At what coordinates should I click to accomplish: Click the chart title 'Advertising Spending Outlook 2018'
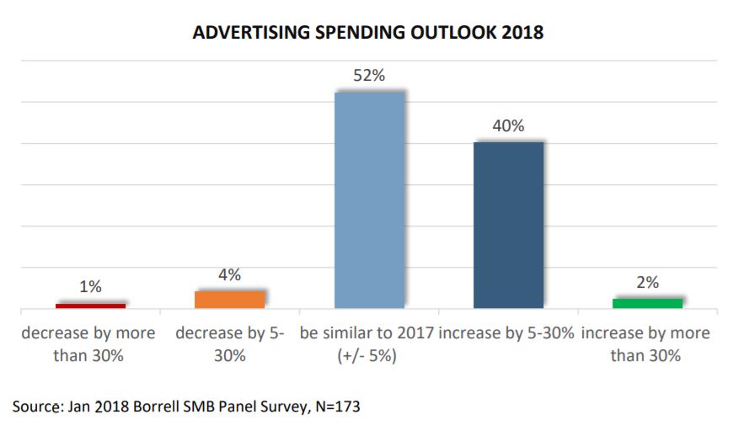[368, 33]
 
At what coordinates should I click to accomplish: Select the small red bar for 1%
[90, 305]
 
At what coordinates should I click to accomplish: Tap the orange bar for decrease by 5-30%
[230, 299]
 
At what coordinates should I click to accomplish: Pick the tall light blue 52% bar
[369, 199]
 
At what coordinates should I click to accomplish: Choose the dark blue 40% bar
[508, 225]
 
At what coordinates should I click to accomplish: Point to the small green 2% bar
[647, 303]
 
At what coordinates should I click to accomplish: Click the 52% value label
[369, 76]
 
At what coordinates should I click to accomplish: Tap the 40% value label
[508, 126]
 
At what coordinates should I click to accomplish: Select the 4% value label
[230, 275]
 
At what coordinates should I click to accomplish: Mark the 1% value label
[90, 287]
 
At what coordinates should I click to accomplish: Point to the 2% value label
[647, 283]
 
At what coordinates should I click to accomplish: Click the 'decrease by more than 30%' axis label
[88, 343]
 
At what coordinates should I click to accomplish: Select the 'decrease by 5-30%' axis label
[230, 343]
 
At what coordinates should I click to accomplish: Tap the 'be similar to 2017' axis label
[367, 343]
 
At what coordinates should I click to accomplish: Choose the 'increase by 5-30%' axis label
[507, 333]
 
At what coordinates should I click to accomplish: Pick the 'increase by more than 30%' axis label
[646, 343]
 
